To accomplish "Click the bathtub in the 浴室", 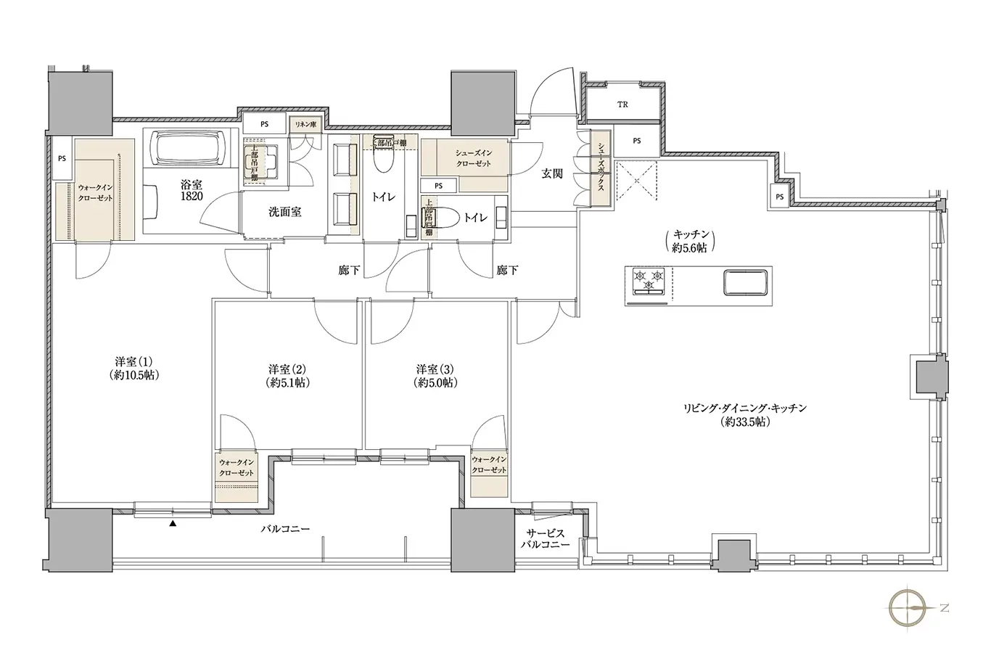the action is tap(190, 148).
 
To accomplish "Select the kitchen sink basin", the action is tap(745, 281).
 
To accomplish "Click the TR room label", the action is tap(622, 105).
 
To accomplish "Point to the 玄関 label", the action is tap(552, 174).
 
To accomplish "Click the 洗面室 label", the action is tap(285, 212).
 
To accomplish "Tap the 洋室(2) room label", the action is tap(287, 369).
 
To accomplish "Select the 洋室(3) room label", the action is tap(435, 369).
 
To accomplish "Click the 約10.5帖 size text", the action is tap(134, 375).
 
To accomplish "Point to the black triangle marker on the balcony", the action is tap(173, 524).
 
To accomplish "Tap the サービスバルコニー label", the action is tap(545, 539).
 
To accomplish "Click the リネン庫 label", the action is tap(305, 125).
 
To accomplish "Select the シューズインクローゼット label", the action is tap(474, 158).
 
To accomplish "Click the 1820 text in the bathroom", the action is tap(192, 197).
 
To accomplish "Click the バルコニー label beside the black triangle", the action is tap(285, 529).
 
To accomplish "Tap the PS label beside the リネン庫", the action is tap(264, 124).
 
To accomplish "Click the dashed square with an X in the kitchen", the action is tap(637, 181).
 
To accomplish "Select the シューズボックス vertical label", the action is tap(601, 167).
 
